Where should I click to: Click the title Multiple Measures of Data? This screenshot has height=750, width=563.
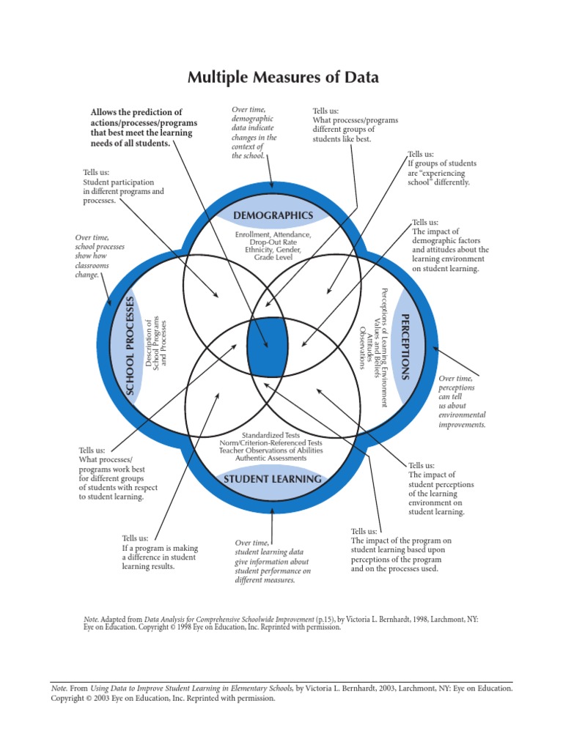[283, 77]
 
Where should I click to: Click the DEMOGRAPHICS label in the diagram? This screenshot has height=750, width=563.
[273, 215]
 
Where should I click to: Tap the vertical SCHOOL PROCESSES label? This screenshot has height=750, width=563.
[131, 346]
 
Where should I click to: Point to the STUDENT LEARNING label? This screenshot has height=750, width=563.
[272, 479]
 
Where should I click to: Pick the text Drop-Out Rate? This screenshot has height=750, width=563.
[273, 242]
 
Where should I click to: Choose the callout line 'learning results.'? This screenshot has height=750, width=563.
[148, 566]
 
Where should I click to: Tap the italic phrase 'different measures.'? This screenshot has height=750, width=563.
[265, 579]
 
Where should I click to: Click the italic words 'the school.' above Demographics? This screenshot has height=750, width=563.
[248, 155]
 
